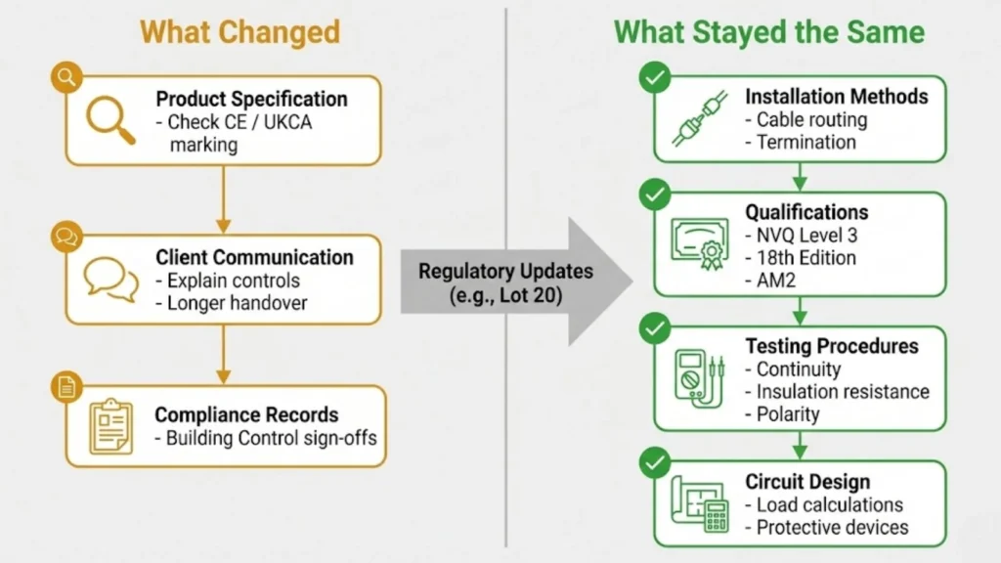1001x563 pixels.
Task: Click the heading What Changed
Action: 239,31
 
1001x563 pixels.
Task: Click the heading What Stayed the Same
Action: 768,31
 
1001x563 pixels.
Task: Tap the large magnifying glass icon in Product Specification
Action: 109,120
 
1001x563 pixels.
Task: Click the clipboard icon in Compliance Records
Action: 110,426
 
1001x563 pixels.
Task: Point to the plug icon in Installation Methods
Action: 698,120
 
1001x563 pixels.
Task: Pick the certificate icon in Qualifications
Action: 699,240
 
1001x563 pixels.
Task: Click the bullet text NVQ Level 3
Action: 805,236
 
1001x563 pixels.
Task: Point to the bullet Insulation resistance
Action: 843,392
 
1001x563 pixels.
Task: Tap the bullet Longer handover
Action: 237,303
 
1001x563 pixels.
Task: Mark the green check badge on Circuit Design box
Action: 651,460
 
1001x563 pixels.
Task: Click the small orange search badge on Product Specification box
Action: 65,76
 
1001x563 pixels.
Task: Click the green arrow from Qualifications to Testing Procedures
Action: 800,311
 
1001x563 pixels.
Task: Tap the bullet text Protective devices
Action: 832,528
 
